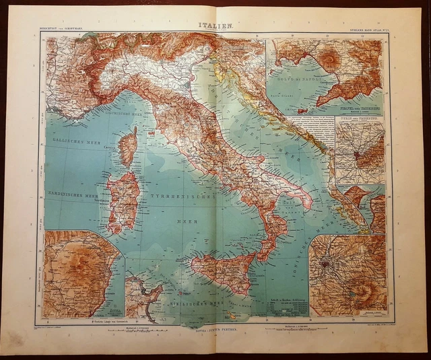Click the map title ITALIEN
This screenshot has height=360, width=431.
pos(215,26)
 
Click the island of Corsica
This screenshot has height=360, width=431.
pos(127,147)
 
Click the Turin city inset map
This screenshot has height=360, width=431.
pos(360,151)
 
